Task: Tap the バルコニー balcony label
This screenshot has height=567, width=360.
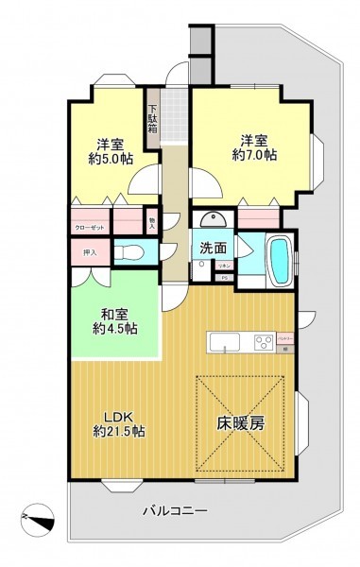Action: click(x=176, y=511)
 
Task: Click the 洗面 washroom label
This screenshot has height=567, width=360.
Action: click(x=212, y=248)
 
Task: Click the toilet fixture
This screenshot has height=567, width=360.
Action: click(x=134, y=252)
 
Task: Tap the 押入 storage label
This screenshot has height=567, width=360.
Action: click(x=90, y=252)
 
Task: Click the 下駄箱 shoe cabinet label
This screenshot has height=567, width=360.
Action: click(x=152, y=115)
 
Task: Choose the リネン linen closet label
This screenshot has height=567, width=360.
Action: click(x=225, y=268)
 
